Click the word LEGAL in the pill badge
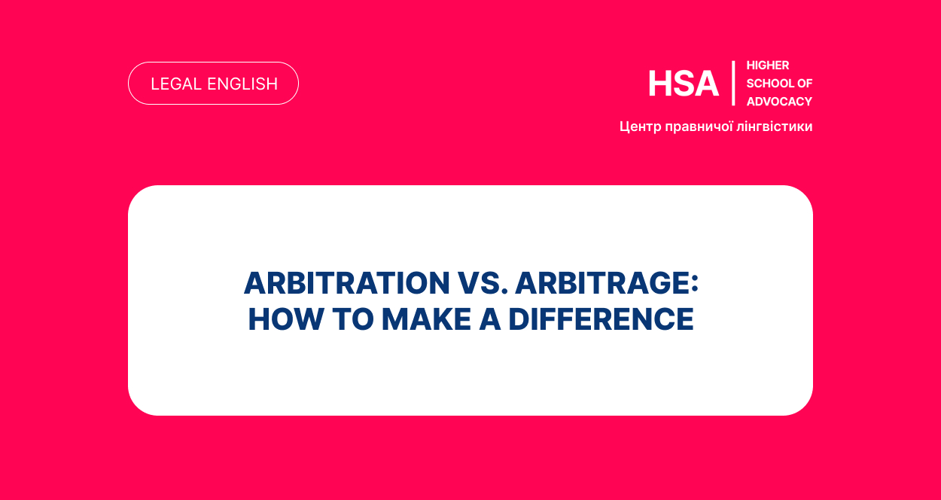(176, 84)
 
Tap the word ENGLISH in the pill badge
(242, 84)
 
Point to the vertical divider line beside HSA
(733, 83)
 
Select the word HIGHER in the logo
(768, 66)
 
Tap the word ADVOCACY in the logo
(779, 102)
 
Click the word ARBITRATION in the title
(347, 283)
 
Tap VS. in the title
(483, 283)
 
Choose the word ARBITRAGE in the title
(601, 283)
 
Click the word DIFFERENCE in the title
(601, 319)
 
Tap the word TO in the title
(353, 319)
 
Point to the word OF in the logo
(805, 84)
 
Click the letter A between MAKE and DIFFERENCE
(490, 319)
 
